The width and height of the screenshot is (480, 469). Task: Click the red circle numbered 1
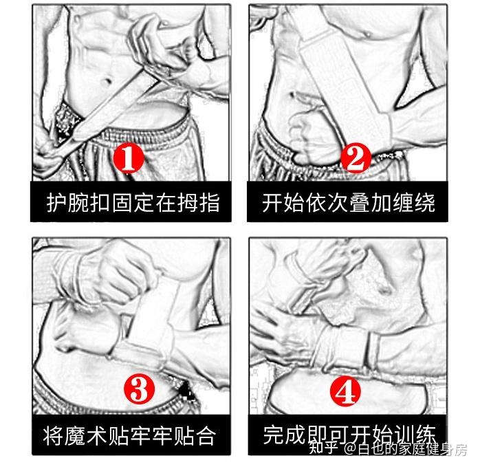tap(129, 157)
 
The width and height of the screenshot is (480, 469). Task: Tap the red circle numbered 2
tap(356, 157)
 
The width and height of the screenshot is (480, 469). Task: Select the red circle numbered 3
tap(140, 390)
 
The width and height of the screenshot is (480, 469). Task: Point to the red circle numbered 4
tap(345, 391)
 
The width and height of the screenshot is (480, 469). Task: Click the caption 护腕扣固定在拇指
tap(133, 203)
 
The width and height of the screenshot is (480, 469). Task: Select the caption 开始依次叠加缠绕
tap(349, 203)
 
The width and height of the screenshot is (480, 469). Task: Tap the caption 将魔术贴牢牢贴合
tap(129, 435)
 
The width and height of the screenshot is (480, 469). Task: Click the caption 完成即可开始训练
tap(349, 434)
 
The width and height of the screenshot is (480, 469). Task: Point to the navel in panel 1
tap(107, 81)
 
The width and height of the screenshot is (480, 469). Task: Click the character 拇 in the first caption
tap(188, 203)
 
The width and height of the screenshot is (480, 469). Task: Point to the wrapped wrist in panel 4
tap(346, 347)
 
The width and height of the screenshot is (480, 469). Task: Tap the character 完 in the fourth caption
tap(274, 434)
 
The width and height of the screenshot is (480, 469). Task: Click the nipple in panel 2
tap(368, 34)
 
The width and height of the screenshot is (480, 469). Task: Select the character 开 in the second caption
tap(272, 203)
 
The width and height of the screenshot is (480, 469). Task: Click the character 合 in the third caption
tap(205, 435)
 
